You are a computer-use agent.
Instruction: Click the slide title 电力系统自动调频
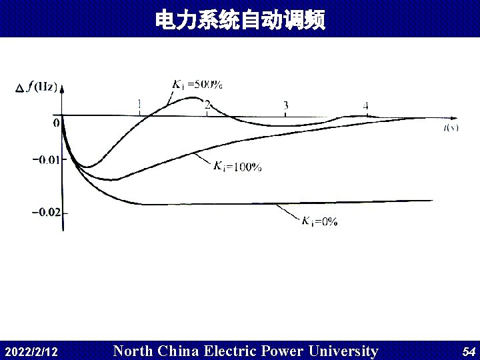(x=240, y=20)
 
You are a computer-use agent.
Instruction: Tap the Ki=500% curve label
(x=197, y=85)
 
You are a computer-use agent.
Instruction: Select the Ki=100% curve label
(x=237, y=167)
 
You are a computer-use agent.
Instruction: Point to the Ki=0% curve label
(x=319, y=222)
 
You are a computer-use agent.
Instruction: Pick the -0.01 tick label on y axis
(x=45, y=159)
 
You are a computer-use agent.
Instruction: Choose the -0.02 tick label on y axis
(x=45, y=212)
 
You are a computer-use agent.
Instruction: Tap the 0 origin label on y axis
(x=56, y=123)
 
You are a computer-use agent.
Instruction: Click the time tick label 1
(x=139, y=104)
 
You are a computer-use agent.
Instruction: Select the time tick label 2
(x=208, y=105)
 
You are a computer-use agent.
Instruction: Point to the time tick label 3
(x=285, y=105)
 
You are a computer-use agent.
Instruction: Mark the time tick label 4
(x=366, y=105)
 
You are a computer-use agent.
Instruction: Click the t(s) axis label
(x=451, y=127)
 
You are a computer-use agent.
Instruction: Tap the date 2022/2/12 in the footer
(x=31, y=351)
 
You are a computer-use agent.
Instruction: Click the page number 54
(x=469, y=351)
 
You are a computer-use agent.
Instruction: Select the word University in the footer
(x=342, y=351)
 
